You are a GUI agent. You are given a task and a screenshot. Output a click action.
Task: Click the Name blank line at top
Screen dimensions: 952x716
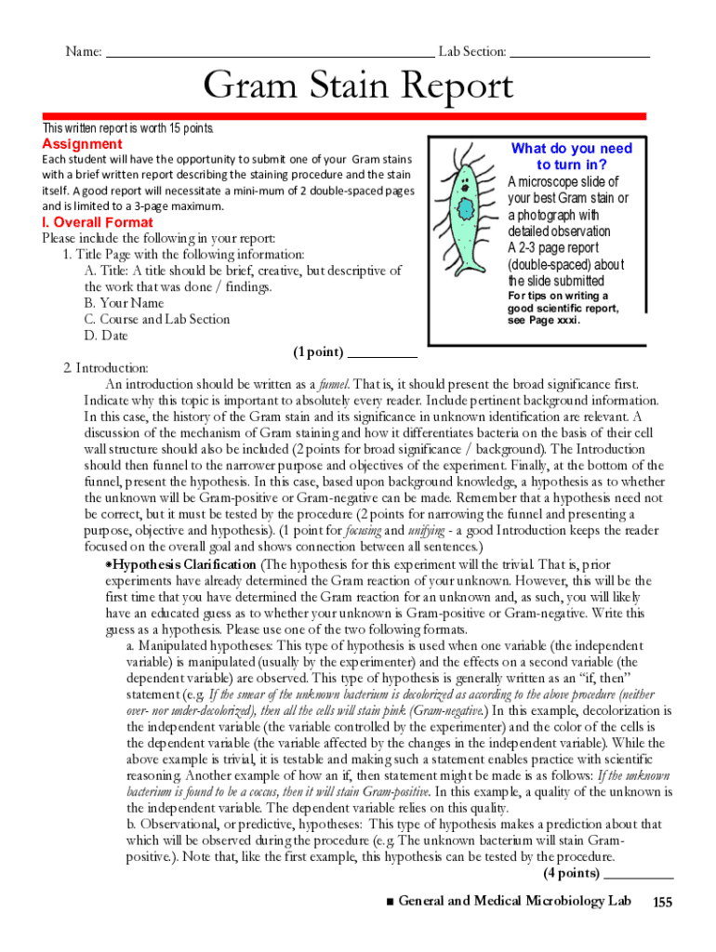(x=270, y=53)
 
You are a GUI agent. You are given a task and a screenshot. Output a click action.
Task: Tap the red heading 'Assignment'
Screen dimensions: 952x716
(x=82, y=144)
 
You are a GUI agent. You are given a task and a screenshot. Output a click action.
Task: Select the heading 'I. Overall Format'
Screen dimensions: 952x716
(x=98, y=223)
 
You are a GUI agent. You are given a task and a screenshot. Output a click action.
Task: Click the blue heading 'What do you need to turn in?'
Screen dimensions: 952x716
(x=571, y=156)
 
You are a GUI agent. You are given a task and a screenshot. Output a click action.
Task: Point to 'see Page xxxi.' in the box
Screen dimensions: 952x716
(x=543, y=321)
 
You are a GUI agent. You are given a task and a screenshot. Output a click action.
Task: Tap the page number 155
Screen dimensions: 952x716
(x=662, y=902)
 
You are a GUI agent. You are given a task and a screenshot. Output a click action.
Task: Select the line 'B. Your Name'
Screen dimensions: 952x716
(x=124, y=303)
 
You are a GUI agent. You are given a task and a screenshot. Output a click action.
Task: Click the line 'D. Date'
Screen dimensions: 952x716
(x=106, y=336)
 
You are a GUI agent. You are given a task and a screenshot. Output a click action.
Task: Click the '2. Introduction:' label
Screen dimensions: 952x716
(x=99, y=368)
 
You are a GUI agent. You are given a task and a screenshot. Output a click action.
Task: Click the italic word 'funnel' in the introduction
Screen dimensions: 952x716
(x=333, y=384)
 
